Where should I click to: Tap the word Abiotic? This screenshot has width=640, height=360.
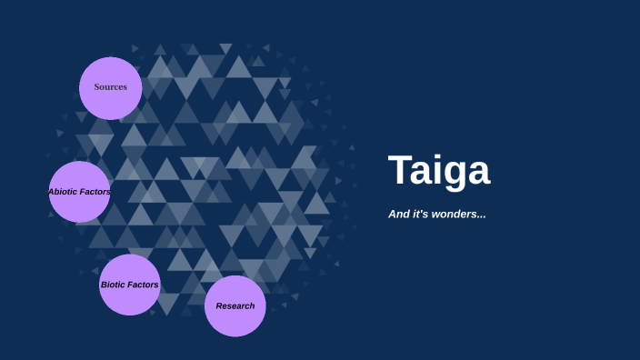64,192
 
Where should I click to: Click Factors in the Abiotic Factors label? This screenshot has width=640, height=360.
95,192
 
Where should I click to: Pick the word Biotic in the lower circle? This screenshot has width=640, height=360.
113,285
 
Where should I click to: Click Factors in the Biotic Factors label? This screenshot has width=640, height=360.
143,285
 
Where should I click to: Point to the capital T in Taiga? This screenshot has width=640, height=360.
401,171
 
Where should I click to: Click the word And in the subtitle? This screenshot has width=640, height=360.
398,215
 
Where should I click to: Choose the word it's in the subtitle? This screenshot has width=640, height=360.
420,215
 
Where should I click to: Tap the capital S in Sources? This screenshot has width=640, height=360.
97,87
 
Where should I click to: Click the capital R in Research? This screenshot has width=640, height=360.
219,306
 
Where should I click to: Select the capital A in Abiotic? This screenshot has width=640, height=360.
51,192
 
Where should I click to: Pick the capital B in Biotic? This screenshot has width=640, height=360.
104,285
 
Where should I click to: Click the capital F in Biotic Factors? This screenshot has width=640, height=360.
130,285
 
